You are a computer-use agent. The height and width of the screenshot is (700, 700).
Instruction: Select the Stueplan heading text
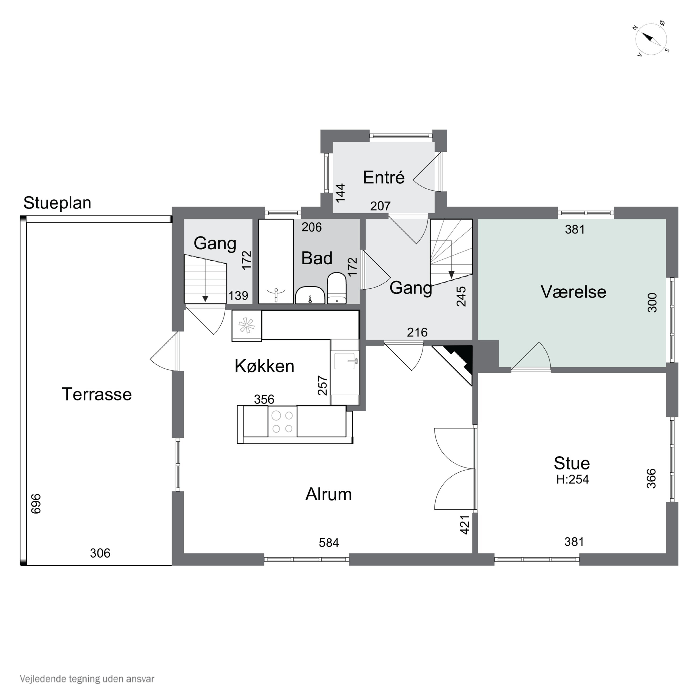57,203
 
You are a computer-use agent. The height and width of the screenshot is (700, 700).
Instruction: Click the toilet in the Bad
337,288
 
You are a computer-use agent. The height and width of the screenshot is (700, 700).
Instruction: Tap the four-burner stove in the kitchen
282,422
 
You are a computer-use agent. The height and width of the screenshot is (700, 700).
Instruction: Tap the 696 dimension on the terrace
36,504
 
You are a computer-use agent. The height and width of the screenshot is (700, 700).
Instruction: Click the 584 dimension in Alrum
329,542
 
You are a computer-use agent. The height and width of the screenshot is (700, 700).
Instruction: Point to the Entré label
384,178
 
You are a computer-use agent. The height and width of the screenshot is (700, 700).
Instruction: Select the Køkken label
265,366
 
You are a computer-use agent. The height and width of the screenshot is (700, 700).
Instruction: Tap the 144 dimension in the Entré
340,193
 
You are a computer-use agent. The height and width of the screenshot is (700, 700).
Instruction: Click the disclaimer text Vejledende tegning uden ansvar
87,679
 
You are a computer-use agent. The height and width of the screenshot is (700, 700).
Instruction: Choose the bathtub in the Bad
276,261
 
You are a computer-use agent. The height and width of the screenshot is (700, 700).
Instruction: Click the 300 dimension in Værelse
652,303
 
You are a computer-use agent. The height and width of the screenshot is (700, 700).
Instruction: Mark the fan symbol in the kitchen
246,325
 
